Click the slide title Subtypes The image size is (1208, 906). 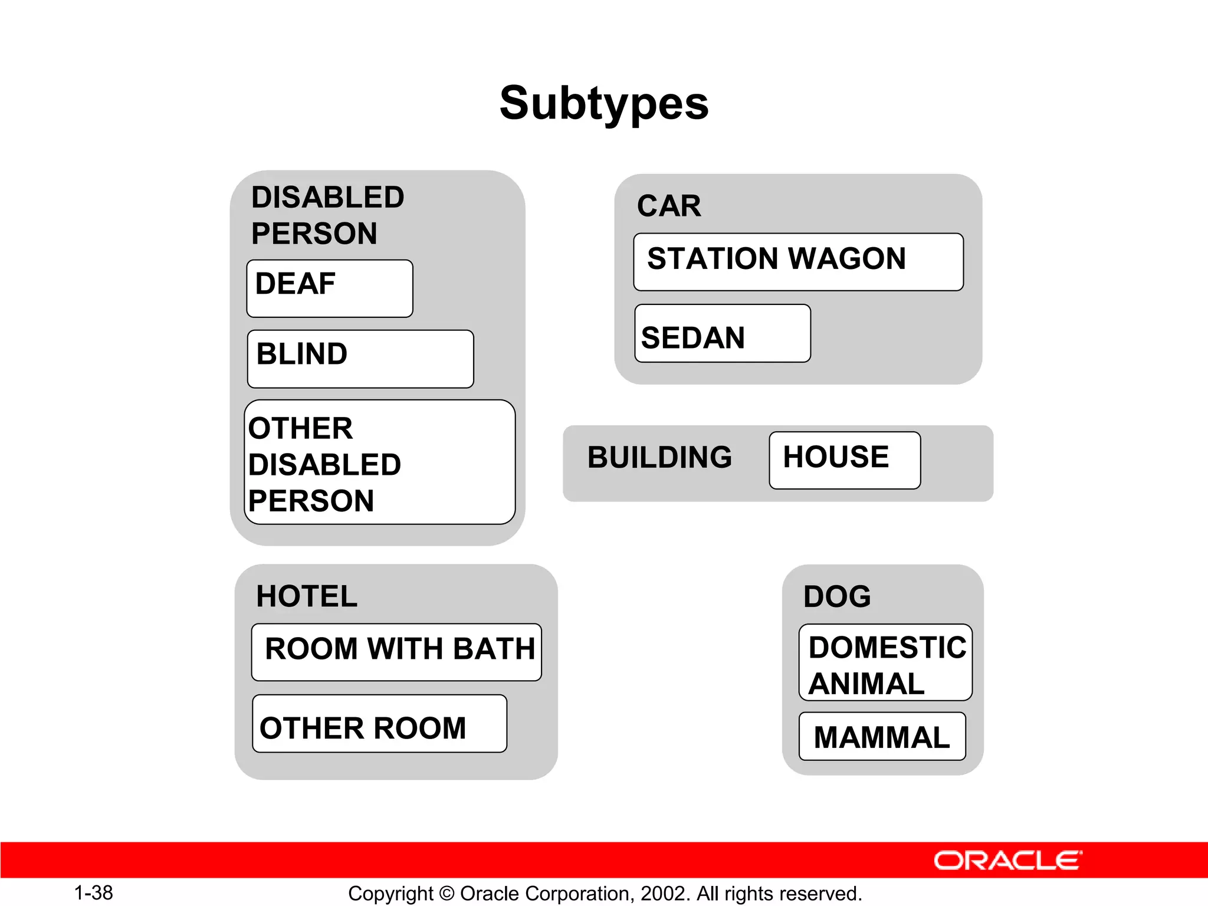click(603, 103)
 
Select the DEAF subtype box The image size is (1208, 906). click(330, 288)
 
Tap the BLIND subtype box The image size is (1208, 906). click(360, 359)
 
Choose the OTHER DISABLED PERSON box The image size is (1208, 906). click(379, 462)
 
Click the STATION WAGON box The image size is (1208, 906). click(798, 262)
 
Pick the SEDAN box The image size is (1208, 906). click(722, 334)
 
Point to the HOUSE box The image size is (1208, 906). click(844, 460)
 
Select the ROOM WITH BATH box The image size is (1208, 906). click(396, 652)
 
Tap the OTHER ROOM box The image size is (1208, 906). click(379, 724)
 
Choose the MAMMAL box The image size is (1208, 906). click(882, 737)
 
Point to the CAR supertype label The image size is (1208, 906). click(669, 206)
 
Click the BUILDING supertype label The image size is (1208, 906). click(659, 458)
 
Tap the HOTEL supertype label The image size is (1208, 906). click(307, 596)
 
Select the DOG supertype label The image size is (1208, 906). click(837, 597)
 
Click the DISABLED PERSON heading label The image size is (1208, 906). click(327, 215)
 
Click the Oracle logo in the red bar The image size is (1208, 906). click(1007, 861)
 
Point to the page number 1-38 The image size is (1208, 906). click(93, 892)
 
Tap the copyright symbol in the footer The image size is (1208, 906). click(447, 894)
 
